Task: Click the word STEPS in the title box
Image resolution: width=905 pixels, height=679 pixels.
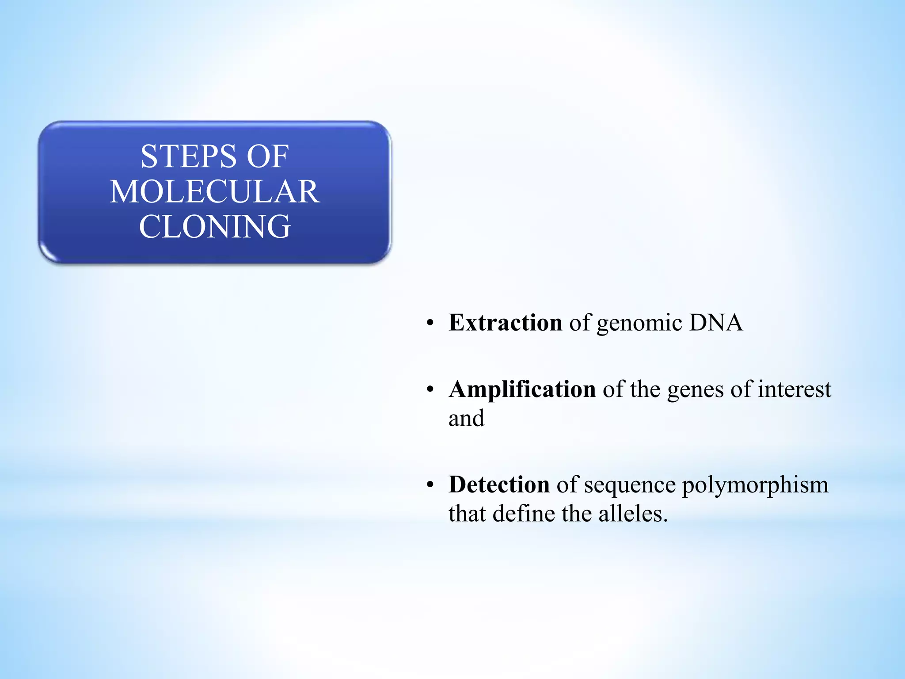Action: (189, 156)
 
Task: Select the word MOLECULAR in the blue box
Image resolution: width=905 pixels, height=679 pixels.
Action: (215, 192)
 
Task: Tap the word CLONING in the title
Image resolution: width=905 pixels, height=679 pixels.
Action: (215, 227)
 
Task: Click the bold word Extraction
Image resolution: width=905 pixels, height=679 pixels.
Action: (505, 322)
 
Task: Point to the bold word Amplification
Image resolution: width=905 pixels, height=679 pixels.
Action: (522, 389)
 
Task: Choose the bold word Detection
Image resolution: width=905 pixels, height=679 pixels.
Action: (499, 484)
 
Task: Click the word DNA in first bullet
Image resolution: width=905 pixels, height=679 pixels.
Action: (716, 322)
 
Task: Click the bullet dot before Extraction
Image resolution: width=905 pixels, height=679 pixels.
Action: (430, 323)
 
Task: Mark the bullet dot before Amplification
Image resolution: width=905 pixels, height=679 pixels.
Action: (430, 390)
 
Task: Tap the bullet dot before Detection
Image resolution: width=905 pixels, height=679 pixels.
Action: (430, 485)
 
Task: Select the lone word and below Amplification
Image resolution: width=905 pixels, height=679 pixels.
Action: (466, 418)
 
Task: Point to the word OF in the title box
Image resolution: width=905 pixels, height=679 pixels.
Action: (267, 156)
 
